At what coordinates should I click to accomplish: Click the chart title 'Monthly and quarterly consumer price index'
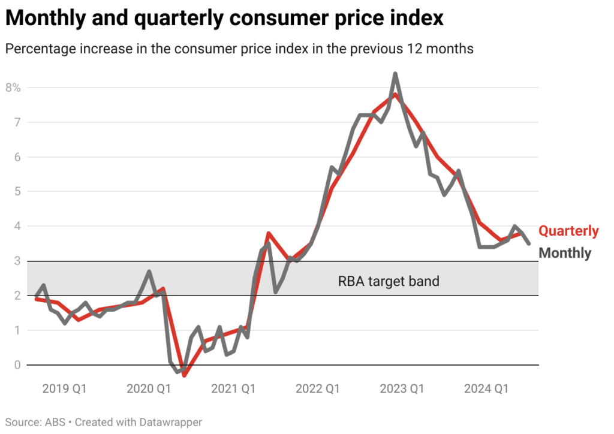224,18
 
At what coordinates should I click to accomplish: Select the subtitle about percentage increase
239,49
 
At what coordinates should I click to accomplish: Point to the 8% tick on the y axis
13,88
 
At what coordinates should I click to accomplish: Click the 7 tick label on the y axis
17,122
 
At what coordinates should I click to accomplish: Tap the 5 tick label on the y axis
17,192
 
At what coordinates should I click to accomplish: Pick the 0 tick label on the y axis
17,365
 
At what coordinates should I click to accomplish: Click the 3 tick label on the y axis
17,261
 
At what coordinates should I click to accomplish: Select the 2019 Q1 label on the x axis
64,389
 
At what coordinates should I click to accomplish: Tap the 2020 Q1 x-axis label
149,389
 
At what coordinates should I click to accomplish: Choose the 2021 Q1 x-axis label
233,389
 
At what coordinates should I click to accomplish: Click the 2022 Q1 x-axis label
318,389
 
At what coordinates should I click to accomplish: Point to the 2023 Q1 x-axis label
402,389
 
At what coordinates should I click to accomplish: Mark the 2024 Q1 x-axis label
486,389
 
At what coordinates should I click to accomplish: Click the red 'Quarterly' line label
568,231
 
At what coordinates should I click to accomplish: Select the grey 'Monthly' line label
565,253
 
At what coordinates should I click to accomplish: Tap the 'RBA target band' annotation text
389,281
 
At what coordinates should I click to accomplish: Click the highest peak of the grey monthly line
395,74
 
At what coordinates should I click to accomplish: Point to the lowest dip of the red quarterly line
185,375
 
